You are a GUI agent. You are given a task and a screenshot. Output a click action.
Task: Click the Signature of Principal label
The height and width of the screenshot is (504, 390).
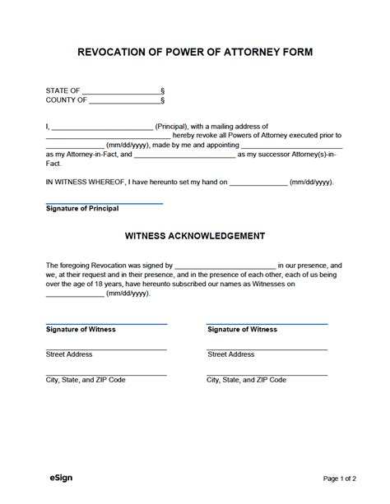[x=82, y=209]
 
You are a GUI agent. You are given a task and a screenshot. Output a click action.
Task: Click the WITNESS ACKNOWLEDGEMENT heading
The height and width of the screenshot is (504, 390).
[x=195, y=235]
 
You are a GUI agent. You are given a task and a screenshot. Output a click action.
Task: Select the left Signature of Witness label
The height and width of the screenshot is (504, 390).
[x=81, y=329]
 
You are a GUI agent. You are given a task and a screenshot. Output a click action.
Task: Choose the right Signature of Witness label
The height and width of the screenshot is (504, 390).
[x=242, y=329]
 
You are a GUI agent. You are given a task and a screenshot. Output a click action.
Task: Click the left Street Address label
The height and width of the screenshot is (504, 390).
[x=69, y=354]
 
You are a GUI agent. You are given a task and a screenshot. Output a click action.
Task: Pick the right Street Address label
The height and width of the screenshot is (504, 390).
[x=231, y=354]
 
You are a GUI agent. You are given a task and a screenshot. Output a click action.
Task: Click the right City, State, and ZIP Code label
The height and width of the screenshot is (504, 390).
[x=246, y=380]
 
